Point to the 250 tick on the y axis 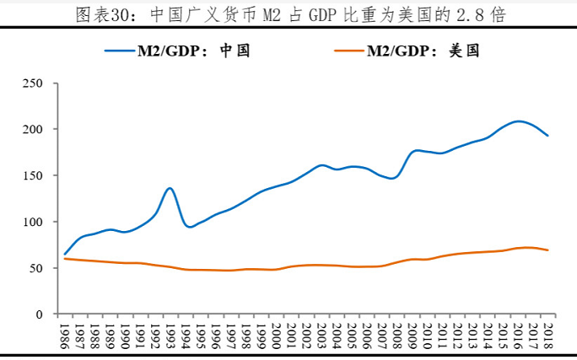[33, 83]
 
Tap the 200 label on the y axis [33, 130]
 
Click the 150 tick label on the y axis [33, 176]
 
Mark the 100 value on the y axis [33, 222]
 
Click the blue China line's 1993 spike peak [170, 188]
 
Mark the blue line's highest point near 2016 [518, 121]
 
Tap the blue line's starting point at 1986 [65, 254]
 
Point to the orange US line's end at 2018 [547, 250]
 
